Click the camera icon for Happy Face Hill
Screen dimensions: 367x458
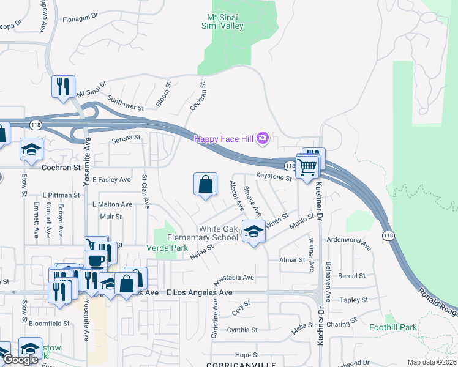pyautogui.click(x=263, y=138)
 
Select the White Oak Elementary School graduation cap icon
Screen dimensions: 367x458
pyautogui.click(x=253, y=231)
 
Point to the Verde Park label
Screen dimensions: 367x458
pyautogui.click(x=167, y=248)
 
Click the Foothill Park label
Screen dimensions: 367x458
pyautogui.click(x=393, y=327)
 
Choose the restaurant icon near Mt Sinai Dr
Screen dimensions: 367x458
pyautogui.click(x=62, y=86)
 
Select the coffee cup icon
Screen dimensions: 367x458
pyautogui.click(x=96, y=261)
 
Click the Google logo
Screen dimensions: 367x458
pyautogui.click(x=20, y=360)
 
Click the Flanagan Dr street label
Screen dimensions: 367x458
pyautogui.click(x=81, y=19)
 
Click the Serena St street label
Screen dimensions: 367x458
pyautogui.click(x=126, y=139)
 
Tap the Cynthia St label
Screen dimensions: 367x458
pyautogui.click(x=242, y=330)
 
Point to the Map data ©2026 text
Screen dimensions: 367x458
pyautogui.click(x=431, y=362)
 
